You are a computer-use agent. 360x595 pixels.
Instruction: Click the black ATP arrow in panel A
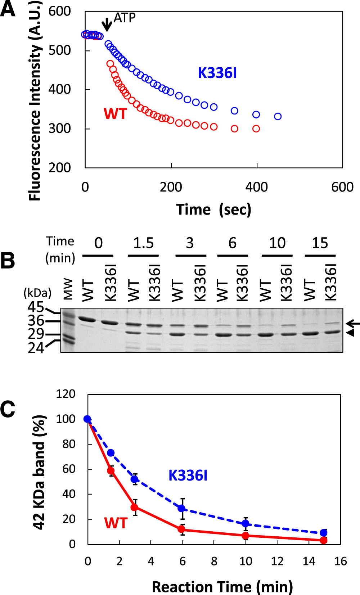point(107,24)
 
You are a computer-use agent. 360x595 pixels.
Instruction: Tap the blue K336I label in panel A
point(217,73)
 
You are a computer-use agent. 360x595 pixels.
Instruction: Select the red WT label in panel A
point(115,114)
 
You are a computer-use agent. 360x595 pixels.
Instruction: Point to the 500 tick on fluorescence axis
point(60,50)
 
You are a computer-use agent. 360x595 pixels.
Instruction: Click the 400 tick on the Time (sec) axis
point(256,187)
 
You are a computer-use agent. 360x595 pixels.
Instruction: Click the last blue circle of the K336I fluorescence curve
point(278,116)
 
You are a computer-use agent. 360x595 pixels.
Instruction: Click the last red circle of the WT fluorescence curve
point(256,129)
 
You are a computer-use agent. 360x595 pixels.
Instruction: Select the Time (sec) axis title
point(213,209)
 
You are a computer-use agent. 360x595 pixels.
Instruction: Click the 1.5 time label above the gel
point(143,243)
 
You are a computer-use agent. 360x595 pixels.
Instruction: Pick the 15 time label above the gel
point(320,243)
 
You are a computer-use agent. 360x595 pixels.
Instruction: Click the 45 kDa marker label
point(36,307)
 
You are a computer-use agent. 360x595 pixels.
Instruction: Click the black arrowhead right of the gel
point(350,333)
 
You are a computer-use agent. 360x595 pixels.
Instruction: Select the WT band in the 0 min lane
point(86,319)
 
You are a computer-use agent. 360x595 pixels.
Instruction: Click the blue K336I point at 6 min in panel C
point(182,508)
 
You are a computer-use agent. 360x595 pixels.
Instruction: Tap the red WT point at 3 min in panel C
point(135,507)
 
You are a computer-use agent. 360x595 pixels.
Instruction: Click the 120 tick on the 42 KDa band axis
point(66,394)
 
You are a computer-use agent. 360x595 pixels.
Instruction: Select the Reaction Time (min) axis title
point(222,587)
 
